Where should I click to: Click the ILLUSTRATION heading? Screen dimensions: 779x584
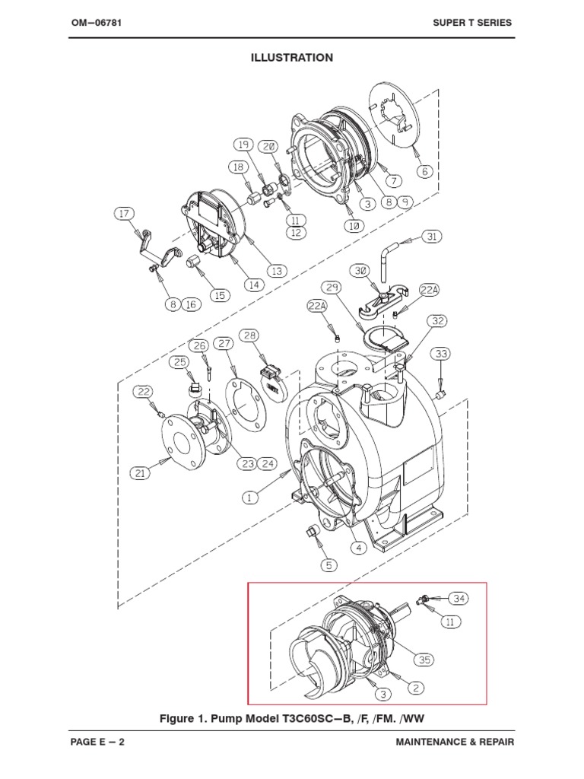[x=292, y=58]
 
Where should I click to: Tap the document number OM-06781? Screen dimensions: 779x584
[x=97, y=23]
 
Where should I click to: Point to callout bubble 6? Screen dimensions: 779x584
[x=424, y=171]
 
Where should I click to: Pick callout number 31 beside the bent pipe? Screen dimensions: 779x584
[x=431, y=237]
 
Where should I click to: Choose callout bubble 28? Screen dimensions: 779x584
[x=250, y=336]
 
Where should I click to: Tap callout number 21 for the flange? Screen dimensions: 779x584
[x=140, y=473]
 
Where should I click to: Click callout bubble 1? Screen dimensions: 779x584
[x=249, y=497]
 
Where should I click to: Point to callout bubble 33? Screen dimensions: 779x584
[x=442, y=354]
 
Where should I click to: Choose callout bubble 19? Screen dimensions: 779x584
[x=243, y=144]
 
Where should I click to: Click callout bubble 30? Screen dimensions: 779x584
[x=361, y=270]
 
